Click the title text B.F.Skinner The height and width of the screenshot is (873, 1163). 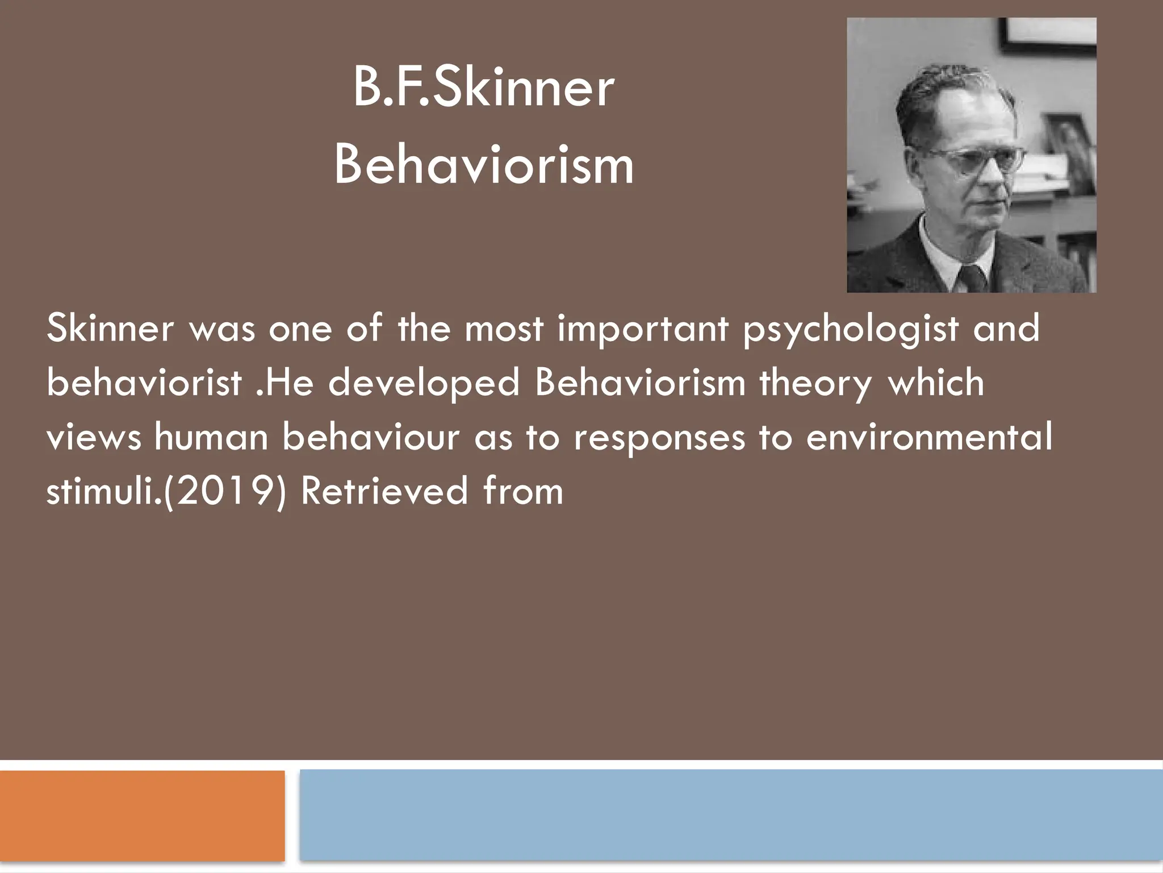coord(483,88)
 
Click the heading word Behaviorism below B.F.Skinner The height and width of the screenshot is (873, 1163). coord(483,165)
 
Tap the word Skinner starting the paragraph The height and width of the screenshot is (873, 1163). coord(110,329)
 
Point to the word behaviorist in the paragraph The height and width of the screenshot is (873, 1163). coord(144,383)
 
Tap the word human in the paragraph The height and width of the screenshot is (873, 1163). coord(211,437)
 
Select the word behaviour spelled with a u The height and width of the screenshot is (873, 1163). coord(371,437)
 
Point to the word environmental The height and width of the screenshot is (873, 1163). coord(928,437)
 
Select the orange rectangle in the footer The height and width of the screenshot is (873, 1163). coord(142,816)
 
